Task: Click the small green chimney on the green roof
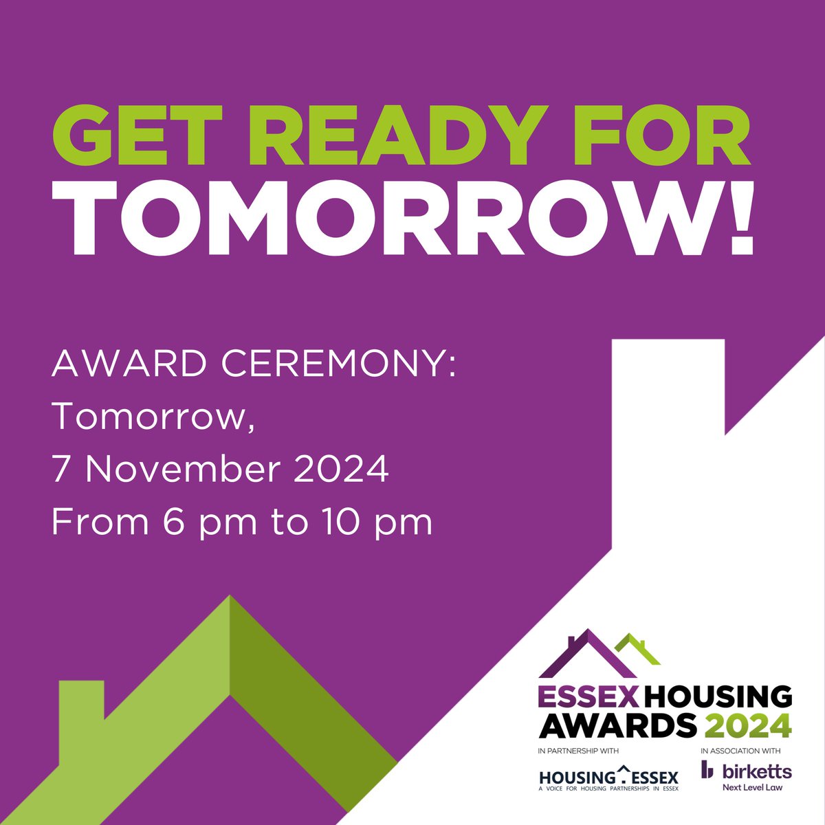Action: tap(81, 708)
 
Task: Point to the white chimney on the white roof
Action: tap(668, 385)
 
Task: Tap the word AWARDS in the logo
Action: tap(616, 724)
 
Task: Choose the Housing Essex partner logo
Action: tap(608, 779)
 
